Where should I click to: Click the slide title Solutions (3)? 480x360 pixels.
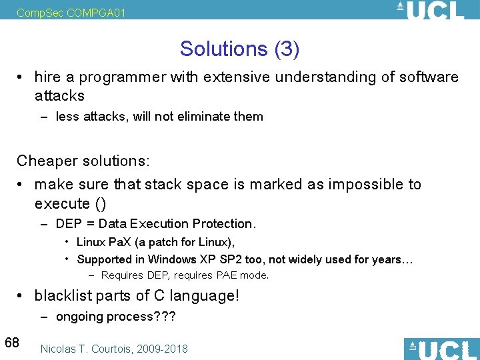(x=239, y=49)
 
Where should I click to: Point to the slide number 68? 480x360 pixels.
(x=12, y=343)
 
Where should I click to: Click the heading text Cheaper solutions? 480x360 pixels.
(x=83, y=161)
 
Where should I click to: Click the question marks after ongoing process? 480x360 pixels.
(x=165, y=317)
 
